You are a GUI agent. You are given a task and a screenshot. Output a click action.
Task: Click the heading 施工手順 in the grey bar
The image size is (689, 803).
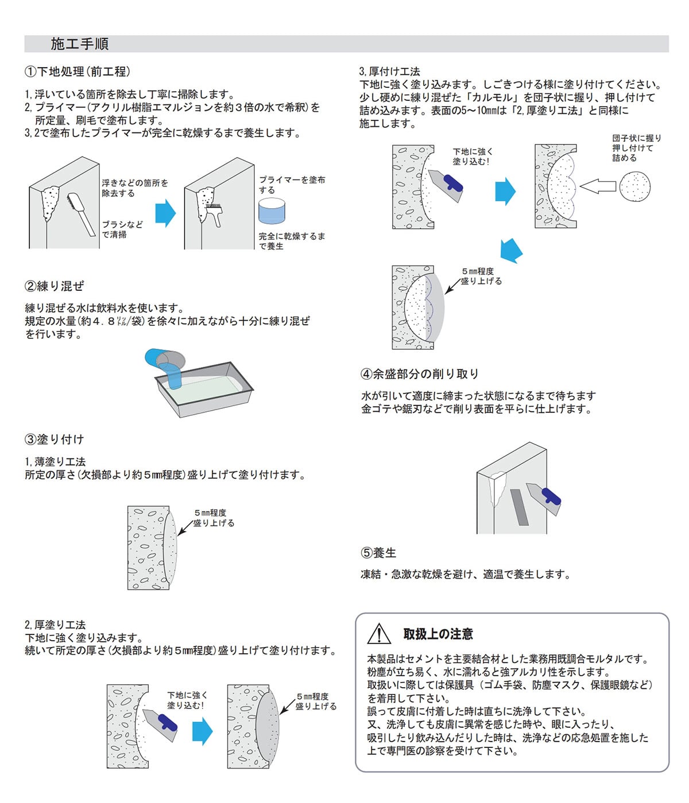[79, 44]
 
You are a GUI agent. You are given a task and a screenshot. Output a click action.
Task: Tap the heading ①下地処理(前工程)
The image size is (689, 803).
[78, 72]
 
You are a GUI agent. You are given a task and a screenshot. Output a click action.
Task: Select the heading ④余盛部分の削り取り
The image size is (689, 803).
[419, 374]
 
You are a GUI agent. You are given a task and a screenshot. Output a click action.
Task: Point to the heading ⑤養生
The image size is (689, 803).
[378, 553]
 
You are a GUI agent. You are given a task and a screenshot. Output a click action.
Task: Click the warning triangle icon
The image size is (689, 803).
[379, 633]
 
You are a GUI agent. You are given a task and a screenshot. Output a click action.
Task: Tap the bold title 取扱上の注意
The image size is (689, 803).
[438, 634]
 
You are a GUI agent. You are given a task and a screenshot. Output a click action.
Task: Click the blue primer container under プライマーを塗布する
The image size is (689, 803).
[272, 211]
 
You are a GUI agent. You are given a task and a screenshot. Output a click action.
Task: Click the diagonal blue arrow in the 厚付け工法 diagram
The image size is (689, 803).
[510, 250]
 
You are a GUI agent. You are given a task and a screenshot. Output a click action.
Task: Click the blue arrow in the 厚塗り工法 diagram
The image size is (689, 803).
[202, 731]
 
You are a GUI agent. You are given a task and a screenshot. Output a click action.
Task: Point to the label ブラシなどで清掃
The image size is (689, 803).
[122, 229]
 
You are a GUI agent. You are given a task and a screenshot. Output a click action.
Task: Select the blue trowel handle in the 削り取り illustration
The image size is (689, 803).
[551, 496]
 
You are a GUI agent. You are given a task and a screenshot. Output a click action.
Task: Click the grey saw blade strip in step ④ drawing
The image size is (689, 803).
[519, 506]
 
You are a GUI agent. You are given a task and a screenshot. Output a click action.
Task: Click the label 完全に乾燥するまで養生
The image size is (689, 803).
[291, 241]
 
